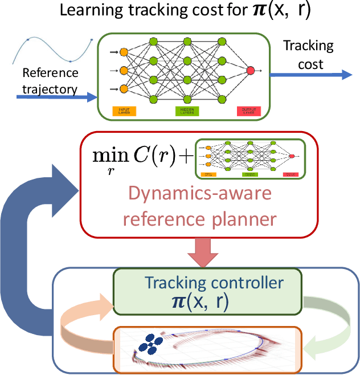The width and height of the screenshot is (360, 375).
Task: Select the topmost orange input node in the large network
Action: pyautogui.click(x=124, y=52)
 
